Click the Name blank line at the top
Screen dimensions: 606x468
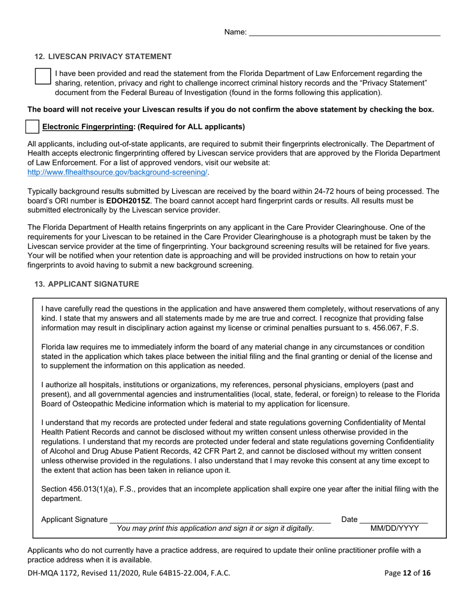point(344,33)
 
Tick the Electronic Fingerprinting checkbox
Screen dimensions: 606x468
point(32,127)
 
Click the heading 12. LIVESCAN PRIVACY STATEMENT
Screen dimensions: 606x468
point(103,57)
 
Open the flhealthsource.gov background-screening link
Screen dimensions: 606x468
point(117,172)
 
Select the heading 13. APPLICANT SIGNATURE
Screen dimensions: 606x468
point(86,284)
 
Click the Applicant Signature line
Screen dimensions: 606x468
point(220,519)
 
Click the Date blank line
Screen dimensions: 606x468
point(394,519)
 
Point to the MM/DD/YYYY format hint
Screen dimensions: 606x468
point(395,529)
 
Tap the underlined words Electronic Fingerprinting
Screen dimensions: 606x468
point(88,127)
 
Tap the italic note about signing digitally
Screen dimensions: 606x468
point(215,529)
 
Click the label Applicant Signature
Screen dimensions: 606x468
point(74,519)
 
